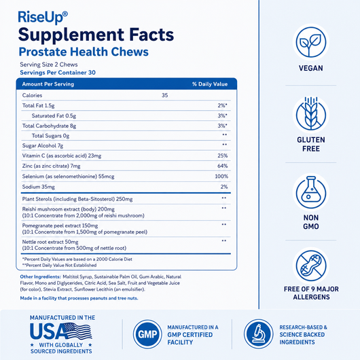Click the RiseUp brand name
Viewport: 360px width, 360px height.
[x=43, y=17]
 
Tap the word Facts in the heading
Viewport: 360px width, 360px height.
[x=151, y=35]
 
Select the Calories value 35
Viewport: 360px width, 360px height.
[x=164, y=95]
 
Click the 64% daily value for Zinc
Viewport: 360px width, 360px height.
[x=223, y=166]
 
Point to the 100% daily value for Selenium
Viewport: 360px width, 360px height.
[x=221, y=177]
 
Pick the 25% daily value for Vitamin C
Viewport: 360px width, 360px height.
[x=223, y=156]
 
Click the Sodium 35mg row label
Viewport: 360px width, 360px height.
[x=38, y=187]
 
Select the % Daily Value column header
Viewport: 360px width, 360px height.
[x=210, y=84]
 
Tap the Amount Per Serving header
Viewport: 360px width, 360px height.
[x=48, y=84]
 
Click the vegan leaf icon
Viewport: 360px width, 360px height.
[x=311, y=43]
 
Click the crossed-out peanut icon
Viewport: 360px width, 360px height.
[x=311, y=266]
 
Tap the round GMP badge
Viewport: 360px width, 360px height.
[x=147, y=334]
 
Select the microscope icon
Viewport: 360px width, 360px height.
[x=259, y=334]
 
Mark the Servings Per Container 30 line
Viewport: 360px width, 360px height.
[x=58, y=73]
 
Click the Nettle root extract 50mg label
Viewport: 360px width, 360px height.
[x=50, y=242]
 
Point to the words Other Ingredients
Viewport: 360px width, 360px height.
[x=40, y=276]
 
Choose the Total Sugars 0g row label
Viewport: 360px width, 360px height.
[x=50, y=136]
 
